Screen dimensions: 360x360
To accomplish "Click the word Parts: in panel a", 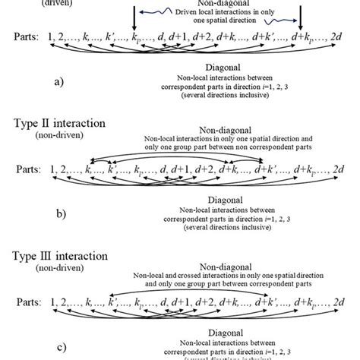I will tap(25, 36).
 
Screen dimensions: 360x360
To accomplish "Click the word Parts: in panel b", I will tap(25, 165).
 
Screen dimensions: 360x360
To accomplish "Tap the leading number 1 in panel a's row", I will tap(52, 36).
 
